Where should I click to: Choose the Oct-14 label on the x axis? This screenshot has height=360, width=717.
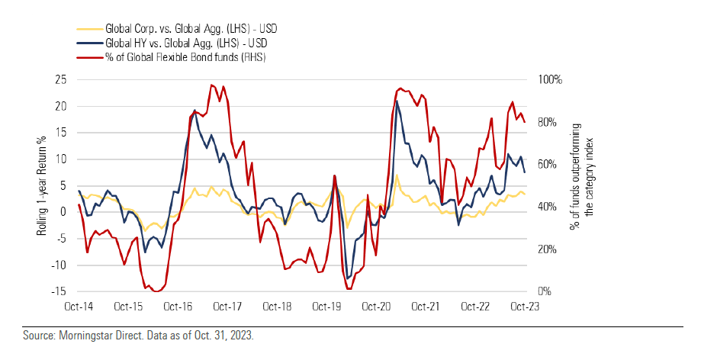79,307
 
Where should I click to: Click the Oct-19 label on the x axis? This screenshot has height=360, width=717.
326,307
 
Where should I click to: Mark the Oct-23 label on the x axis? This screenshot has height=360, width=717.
524,307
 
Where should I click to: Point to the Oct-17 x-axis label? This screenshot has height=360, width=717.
227,307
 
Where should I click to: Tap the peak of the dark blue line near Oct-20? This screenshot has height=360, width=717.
397,101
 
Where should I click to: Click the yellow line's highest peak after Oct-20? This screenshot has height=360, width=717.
397,175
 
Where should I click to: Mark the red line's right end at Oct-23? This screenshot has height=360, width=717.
525,122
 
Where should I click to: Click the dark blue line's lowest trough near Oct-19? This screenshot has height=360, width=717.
347,278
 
